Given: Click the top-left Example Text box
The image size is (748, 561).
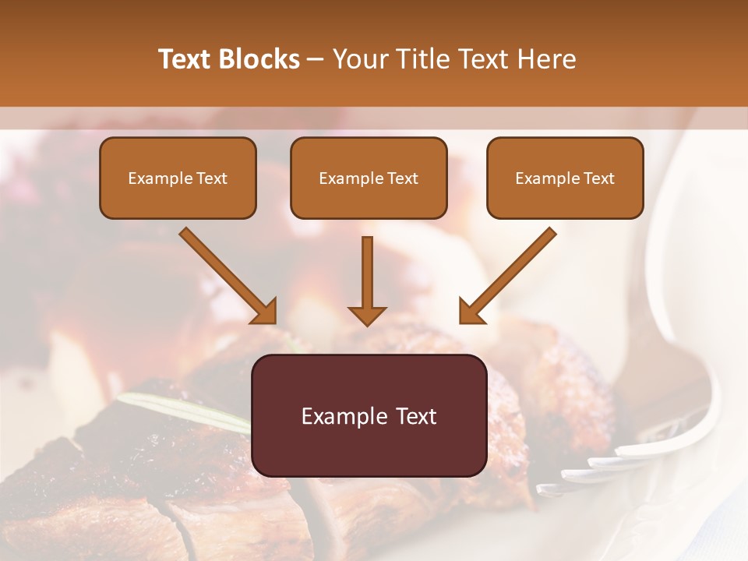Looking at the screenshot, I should pos(178,178).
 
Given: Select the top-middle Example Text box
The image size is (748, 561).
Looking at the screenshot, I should pos(369,178).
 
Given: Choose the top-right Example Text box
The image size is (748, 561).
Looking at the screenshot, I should pos(565,178).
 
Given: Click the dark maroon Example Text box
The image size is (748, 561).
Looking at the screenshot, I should pos(369,415).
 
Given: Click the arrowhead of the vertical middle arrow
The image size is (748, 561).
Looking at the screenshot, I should pos(367,315).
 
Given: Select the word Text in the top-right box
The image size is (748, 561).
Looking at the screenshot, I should pos(599,178).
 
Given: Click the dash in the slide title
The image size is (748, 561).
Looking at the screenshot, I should pos(316,59).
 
